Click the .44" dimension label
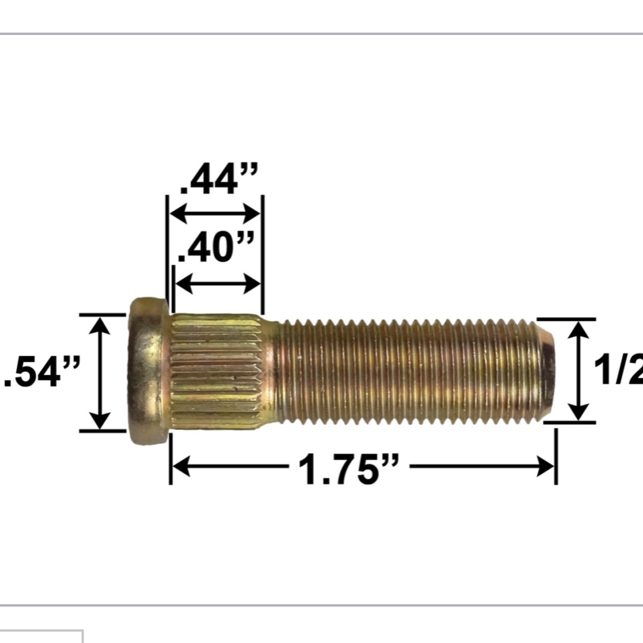point(219,179)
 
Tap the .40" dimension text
point(216,248)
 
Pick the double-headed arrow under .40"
point(218,283)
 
